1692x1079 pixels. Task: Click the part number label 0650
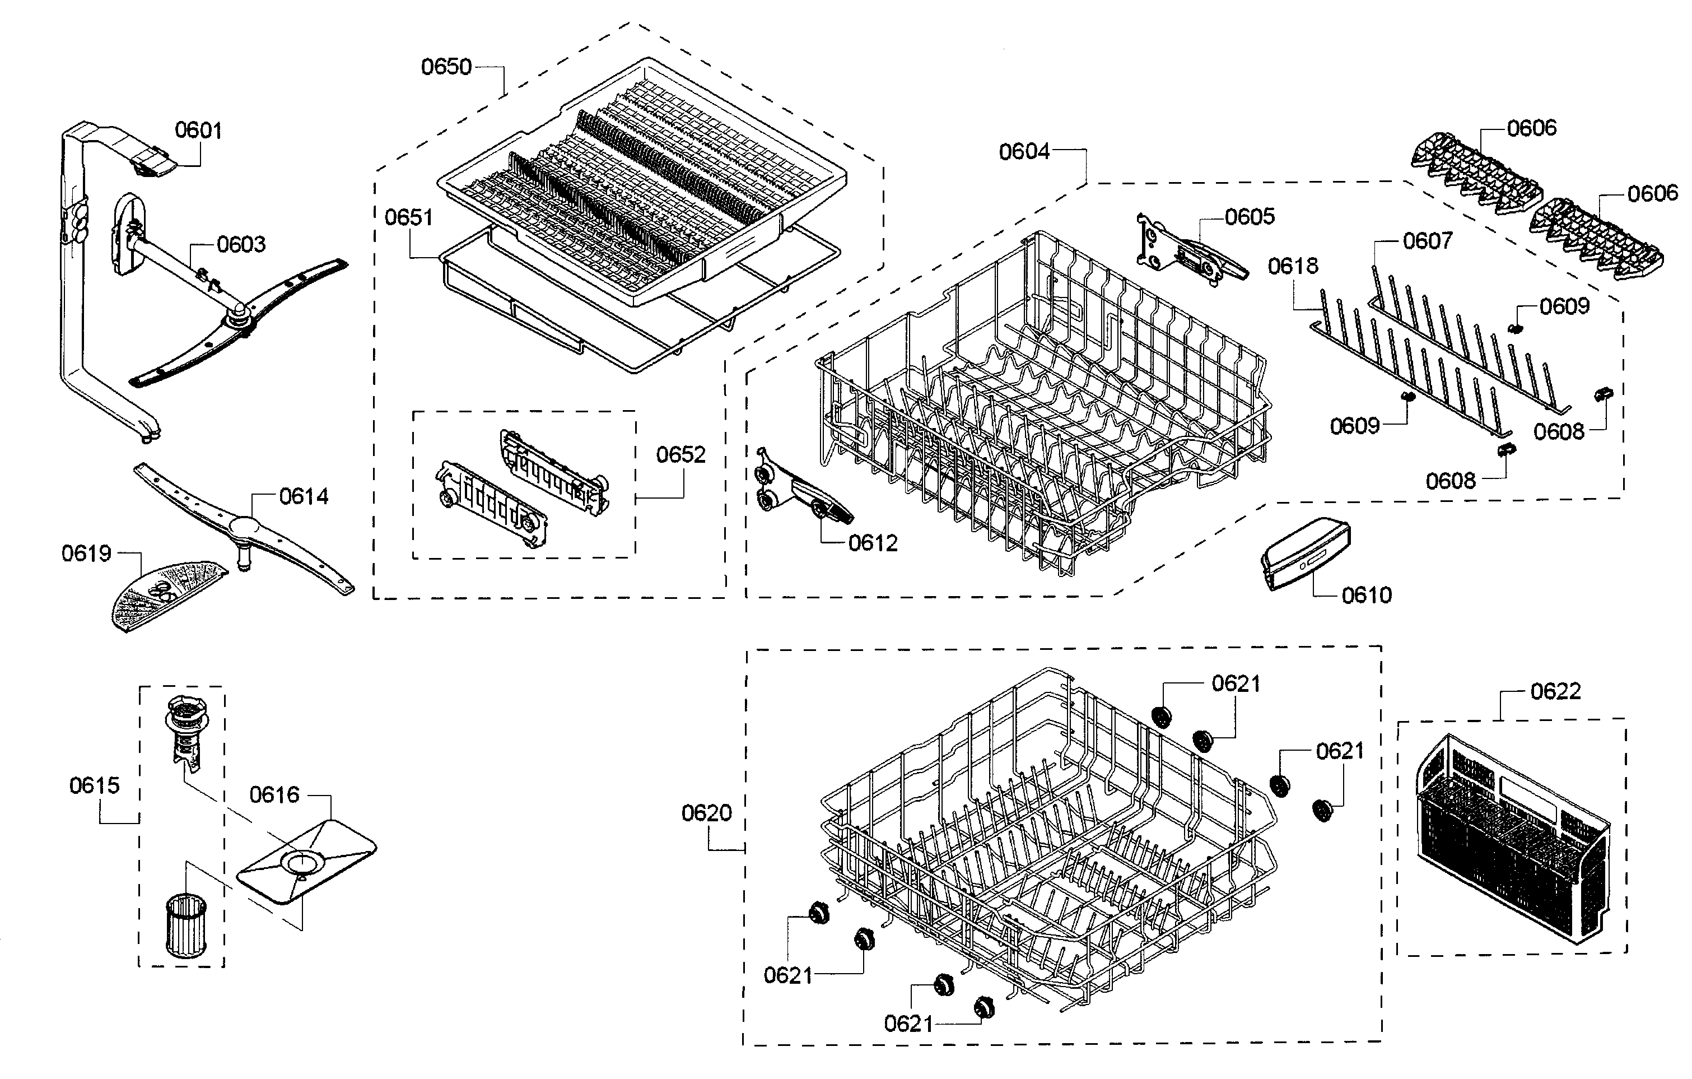[446, 67]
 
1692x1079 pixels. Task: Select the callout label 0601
[198, 131]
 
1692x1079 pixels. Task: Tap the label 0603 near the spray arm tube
[241, 245]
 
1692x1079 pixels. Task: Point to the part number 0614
[304, 497]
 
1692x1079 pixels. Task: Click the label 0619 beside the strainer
[86, 554]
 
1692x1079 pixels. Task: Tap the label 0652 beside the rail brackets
[680, 455]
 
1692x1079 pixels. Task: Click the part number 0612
[873, 543]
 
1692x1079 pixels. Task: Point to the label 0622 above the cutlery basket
[1555, 692]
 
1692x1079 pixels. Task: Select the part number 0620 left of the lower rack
[706, 813]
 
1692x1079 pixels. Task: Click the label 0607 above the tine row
[1427, 241]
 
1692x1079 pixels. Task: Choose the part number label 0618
[1293, 267]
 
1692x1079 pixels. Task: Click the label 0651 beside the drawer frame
[408, 218]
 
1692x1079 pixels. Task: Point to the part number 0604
[1024, 152]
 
